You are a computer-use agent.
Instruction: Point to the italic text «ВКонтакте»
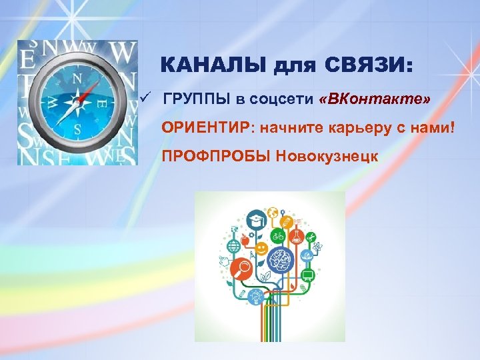point(375,99)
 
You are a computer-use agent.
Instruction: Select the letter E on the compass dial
point(102,104)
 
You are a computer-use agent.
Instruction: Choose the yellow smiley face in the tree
point(261,248)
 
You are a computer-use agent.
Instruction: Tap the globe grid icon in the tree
point(233,246)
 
